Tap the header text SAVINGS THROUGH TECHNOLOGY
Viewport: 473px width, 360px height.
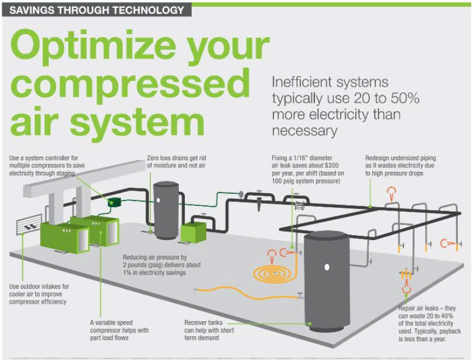coord(96,10)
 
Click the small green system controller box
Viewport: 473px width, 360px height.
coord(115,200)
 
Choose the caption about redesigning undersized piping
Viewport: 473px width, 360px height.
coord(401,166)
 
